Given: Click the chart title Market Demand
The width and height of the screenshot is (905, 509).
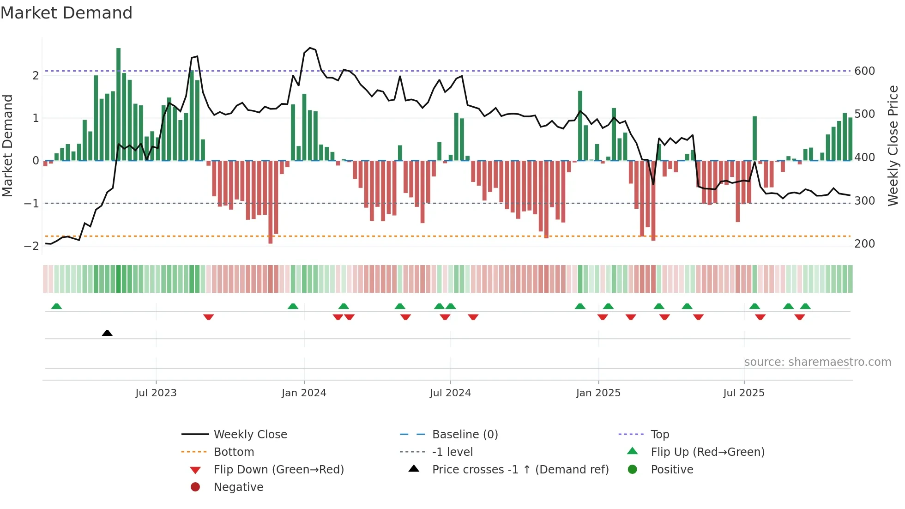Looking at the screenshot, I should click(66, 13).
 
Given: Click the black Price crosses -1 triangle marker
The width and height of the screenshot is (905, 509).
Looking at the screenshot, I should click(107, 333).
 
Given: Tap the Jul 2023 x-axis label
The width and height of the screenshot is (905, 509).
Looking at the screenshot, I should click(156, 393).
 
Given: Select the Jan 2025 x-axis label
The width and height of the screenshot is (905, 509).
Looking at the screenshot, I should click(598, 393).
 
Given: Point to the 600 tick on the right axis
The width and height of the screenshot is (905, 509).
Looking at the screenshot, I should click(864, 71).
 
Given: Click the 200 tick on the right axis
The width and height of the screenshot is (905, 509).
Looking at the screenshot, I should click(864, 244).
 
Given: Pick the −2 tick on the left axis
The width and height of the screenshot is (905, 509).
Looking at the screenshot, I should click(31, 246).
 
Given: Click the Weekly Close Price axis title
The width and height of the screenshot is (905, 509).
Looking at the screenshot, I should click(893, 145).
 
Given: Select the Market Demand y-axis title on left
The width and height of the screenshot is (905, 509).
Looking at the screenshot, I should click(8, 145).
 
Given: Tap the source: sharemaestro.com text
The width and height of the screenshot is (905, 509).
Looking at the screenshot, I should click(817, 362).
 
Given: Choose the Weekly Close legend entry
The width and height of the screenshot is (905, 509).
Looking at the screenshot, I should click(250, 435).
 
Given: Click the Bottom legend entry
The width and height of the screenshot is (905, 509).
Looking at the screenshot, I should click(234, 452).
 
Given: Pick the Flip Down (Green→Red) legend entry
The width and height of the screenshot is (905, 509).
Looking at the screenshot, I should click(278, 470).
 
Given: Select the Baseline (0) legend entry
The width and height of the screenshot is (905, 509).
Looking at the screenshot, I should click(465, 435).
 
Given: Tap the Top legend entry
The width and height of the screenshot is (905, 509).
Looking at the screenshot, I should click(659, 435).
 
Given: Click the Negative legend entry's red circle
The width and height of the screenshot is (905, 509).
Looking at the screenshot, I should click(195, 487).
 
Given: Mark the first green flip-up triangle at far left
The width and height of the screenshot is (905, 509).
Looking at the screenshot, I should click(56, 306).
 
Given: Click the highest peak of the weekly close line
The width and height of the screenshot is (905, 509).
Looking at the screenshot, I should click(310, 48).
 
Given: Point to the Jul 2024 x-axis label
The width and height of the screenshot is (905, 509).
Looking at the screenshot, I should click(450, 393).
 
